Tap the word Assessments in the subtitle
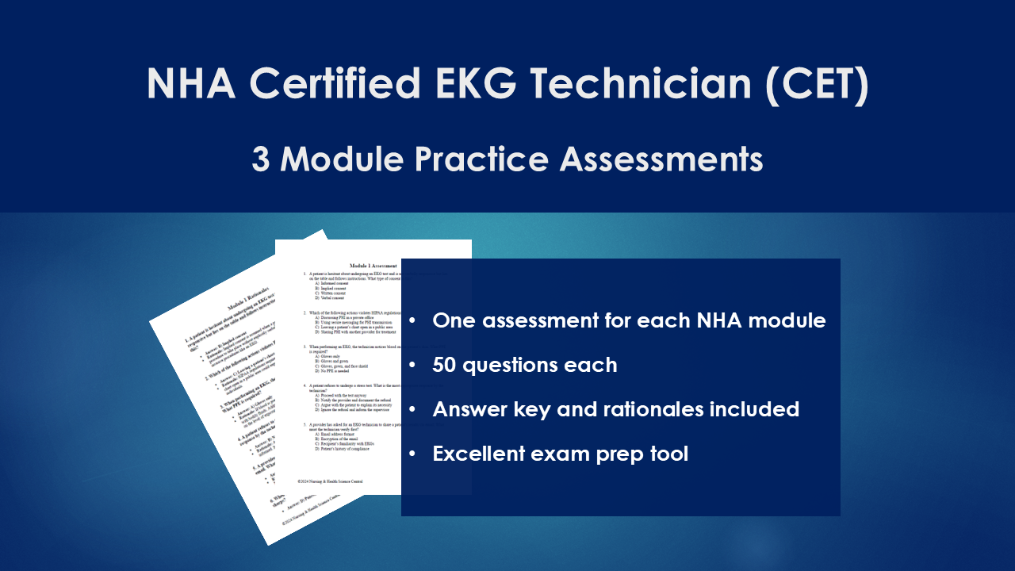(x=661, y=159)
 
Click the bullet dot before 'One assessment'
(x=412, y=321)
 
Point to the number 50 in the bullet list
(x=446, y=366)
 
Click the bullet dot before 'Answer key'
(x=412, y=410)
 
